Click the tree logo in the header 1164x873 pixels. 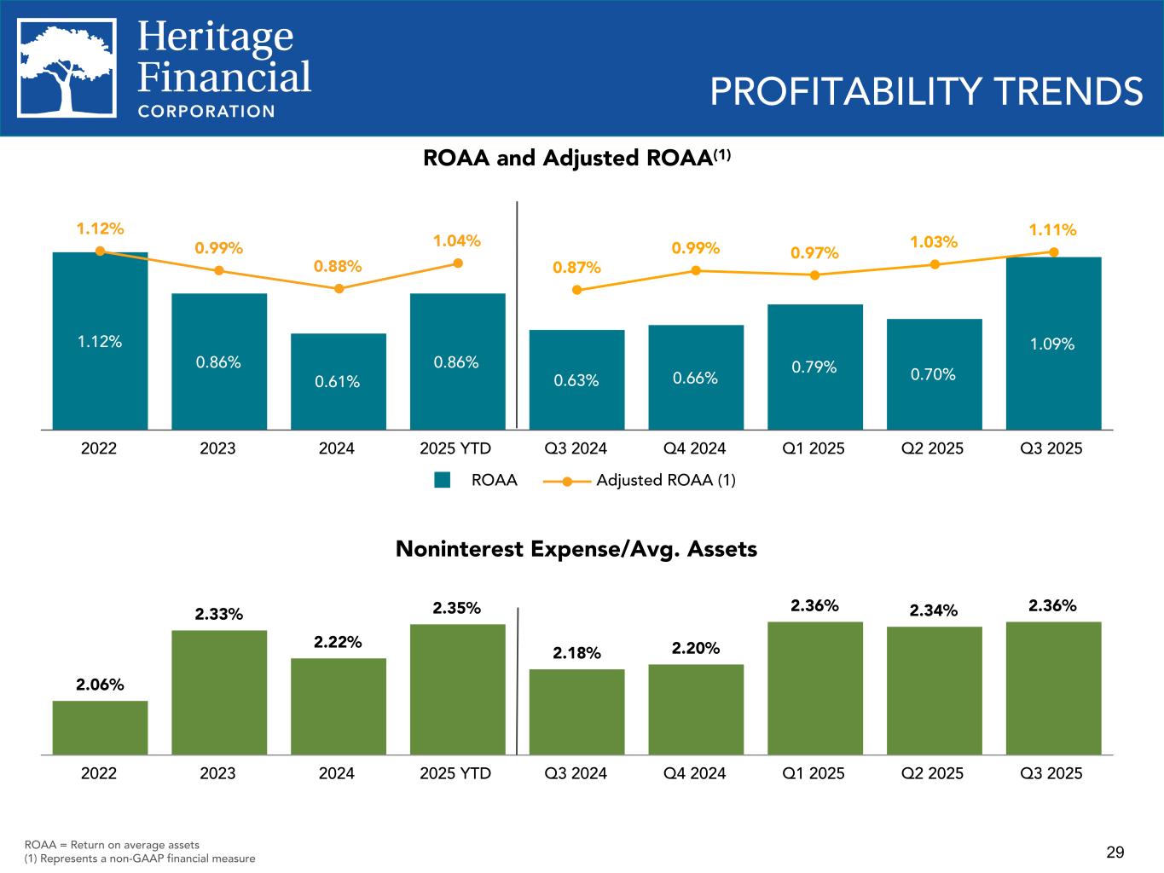pos(67,68)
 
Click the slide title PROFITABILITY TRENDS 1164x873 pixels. pos(926,92)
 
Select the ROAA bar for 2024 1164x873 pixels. pos(339,381)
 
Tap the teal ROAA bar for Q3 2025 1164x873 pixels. pos(1053,343)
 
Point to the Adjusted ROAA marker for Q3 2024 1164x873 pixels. pos(577,290)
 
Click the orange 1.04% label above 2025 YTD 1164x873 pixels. pos(457,241)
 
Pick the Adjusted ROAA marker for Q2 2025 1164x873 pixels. pos(935,264)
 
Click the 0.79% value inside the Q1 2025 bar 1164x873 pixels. pos(814,367)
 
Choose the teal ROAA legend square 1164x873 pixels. pos(442,480)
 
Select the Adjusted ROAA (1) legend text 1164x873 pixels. pos(665,480)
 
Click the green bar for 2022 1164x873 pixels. pos(100,727)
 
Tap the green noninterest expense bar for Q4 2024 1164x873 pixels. pos(696,709)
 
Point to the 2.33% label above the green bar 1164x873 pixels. pos(219,614)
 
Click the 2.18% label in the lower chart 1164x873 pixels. pos(576,653)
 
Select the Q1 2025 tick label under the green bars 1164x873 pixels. pos(814,773)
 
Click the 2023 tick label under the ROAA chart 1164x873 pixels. pos(217,448)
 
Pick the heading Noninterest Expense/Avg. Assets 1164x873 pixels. pos(576,549)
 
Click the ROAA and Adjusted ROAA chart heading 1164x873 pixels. pos(577,159)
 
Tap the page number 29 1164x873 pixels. pos(1115,852)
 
